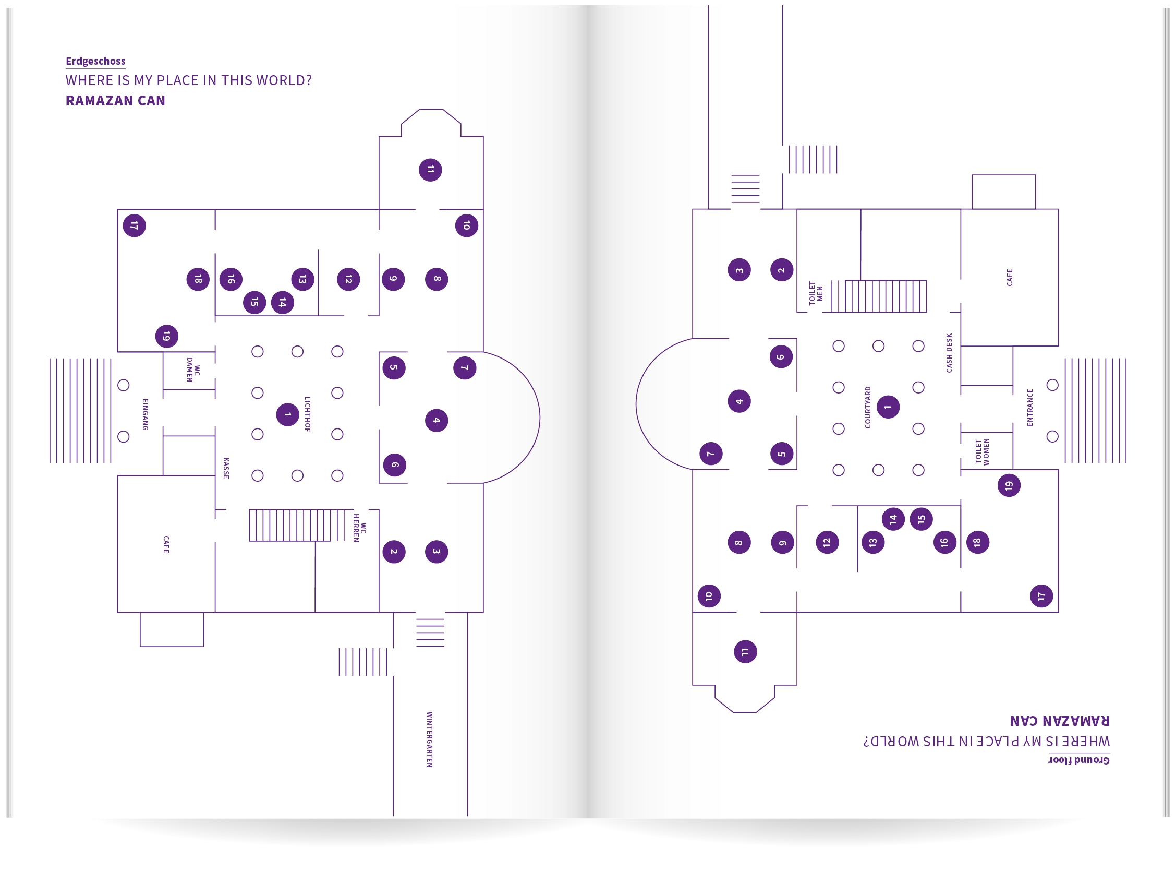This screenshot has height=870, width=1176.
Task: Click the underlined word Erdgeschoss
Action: click(x=95, y=61)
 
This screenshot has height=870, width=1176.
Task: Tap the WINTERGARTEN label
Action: click(x=429, y=740)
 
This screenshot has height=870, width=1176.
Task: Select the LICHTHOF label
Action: click(x=307, y=414)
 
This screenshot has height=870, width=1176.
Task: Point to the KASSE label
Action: click(x=226, y=468)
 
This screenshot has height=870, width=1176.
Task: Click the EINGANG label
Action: click(x=145, y=414)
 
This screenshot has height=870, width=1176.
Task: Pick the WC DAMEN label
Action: click(x=193, y=370)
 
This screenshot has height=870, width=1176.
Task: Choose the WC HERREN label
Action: click(x=359, y=528)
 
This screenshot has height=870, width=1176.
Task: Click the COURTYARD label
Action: click(x=868, y=407)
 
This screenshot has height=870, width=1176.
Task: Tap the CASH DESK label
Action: click(x=949, y=353)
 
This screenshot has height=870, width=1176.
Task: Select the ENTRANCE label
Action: click(x=1030, y=407)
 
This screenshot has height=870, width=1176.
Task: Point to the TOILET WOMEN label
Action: click(x=982, y=452)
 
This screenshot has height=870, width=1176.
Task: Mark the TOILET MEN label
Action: click(x=816, y=293)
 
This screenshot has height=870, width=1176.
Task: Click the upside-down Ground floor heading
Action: click(x=1078, y=760)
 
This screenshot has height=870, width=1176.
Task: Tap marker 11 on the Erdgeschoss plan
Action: click(x=430, y=170)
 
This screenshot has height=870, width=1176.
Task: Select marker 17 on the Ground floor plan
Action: click(x=1041, y=596)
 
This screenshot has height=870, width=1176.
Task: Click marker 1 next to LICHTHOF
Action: click(x=287, y=414)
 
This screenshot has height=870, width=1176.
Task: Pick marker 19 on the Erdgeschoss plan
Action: click(x=166, y=336)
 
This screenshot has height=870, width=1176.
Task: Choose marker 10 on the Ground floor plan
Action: click(x=709, y=596)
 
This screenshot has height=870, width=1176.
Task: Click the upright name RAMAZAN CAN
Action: click(x=115, y=101)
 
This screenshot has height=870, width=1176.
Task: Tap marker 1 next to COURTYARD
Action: click(x=888, y=407)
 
